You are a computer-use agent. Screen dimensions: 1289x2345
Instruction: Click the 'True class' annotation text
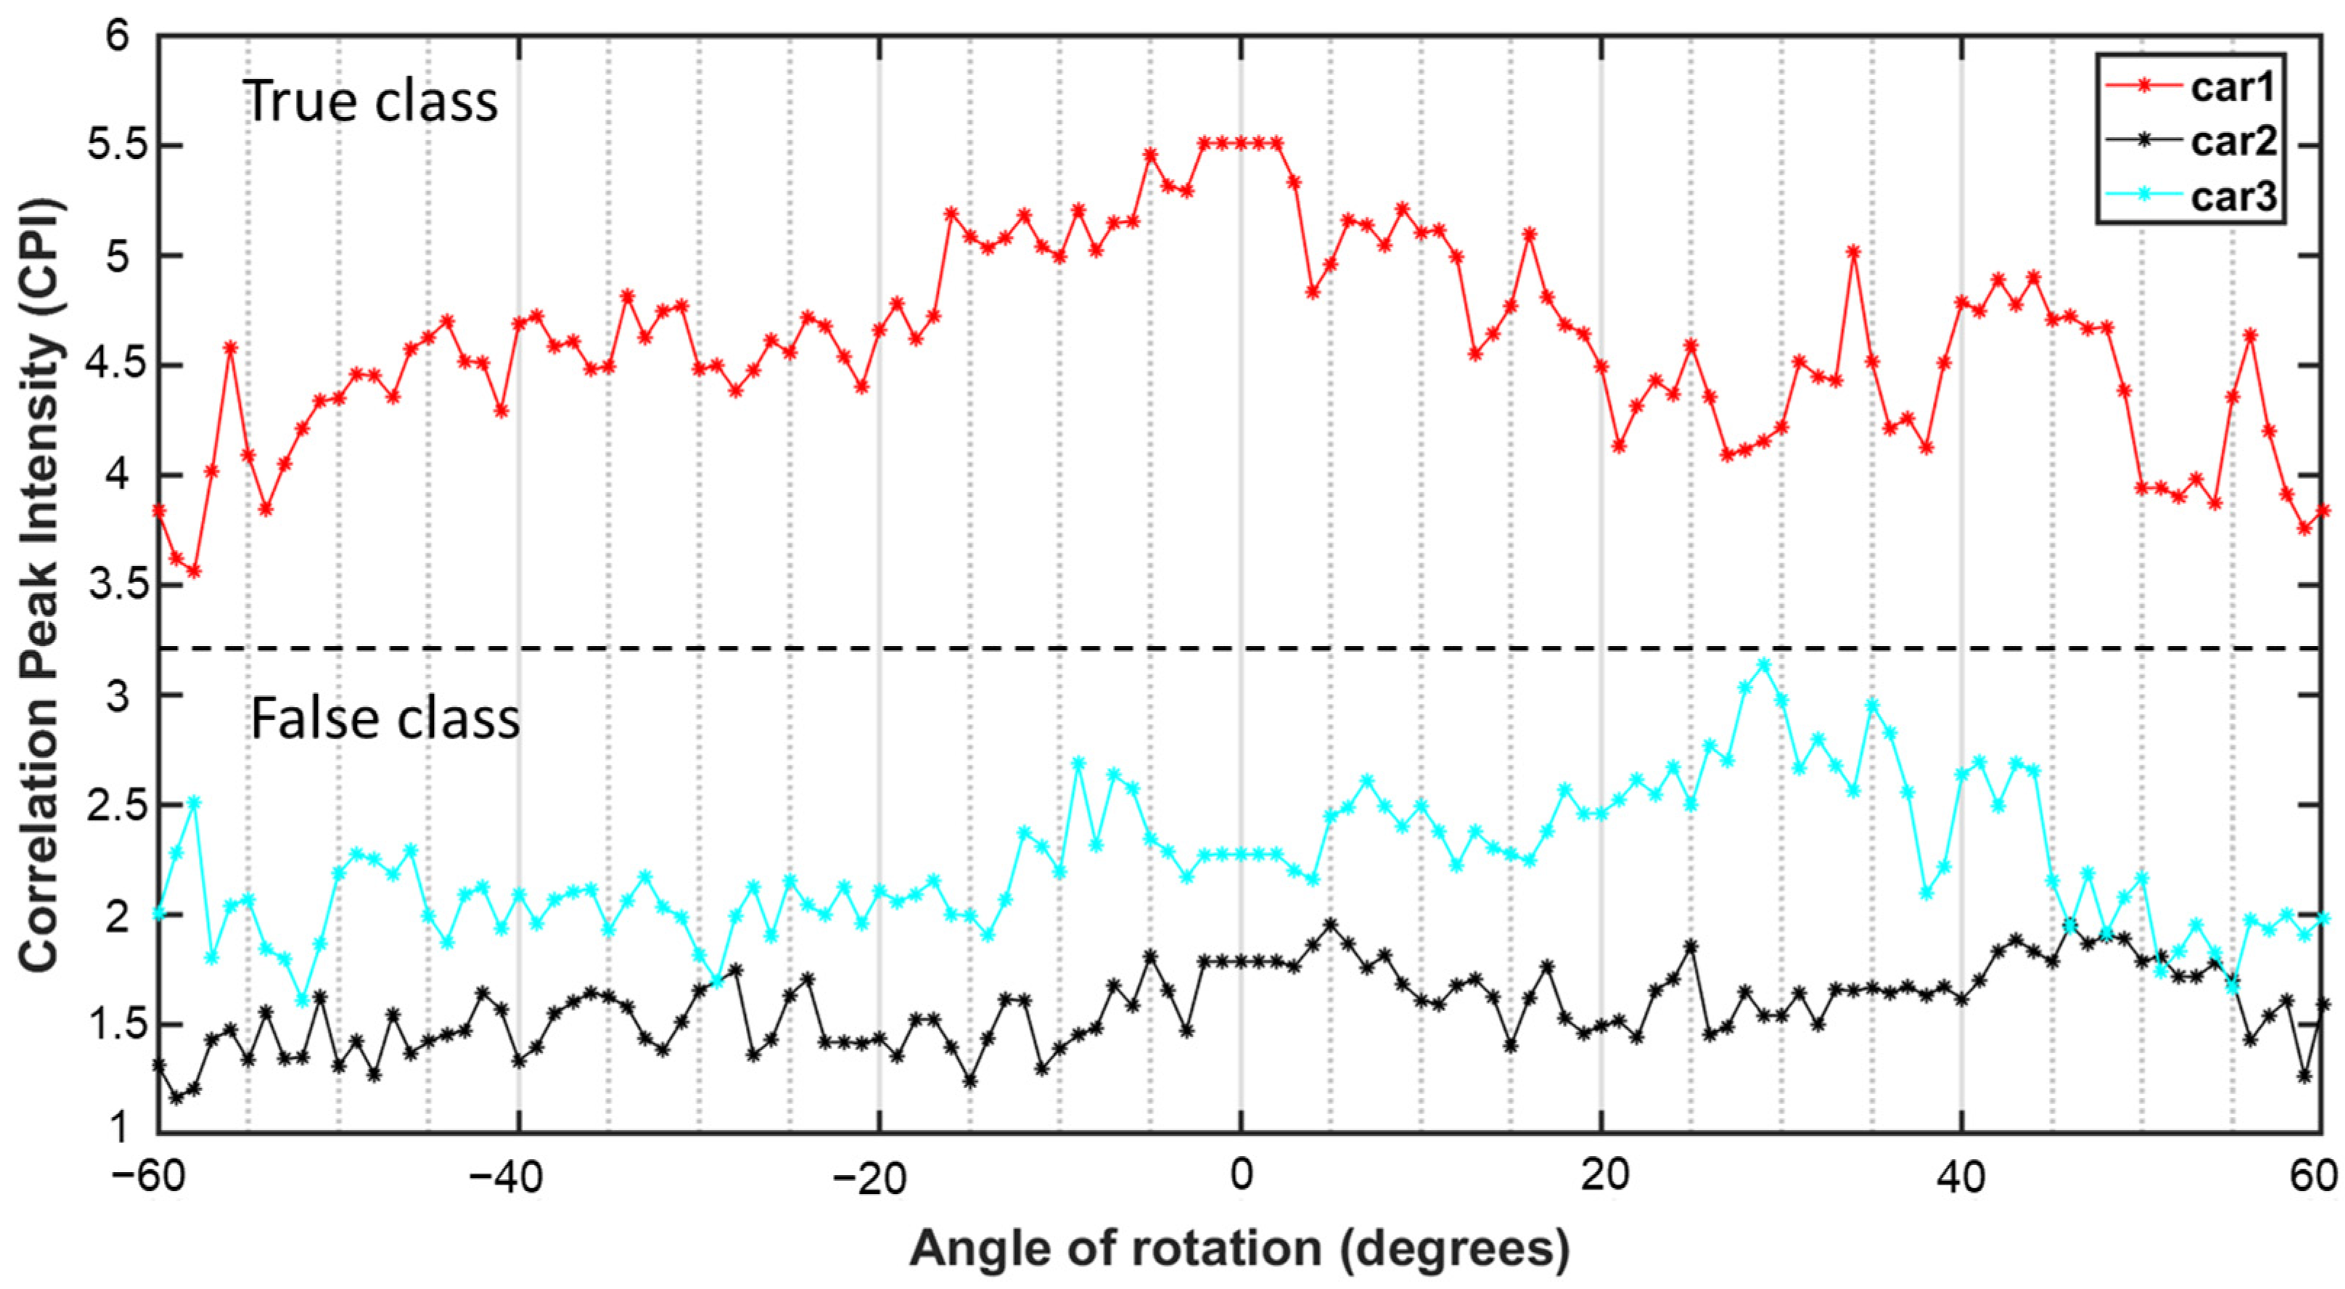371,100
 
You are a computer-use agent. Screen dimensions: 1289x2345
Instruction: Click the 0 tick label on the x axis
1240,1176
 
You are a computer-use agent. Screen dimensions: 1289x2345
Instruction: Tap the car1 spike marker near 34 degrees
1852,252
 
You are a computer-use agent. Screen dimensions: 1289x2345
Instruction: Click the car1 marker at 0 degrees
1240,143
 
